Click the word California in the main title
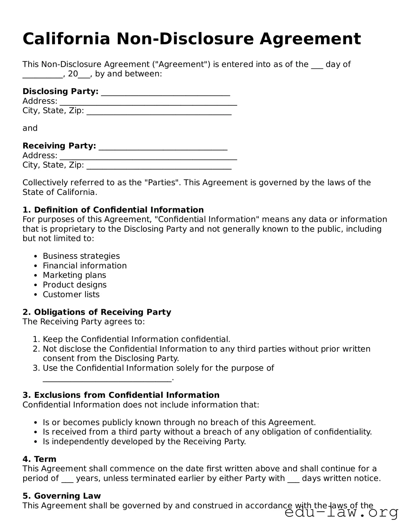click(66, 39)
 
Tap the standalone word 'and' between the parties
click(30, 128)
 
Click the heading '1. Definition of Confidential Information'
click(113, 210)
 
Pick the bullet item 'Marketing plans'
click(74, 275)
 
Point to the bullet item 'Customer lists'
click(71, 294)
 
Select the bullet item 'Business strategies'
click(81, 256)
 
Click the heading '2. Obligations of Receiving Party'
click(97, 312)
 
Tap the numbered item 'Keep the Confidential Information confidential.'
click(136, 339)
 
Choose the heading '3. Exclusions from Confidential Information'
click(121, 395)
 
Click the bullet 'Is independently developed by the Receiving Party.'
click(144, 441)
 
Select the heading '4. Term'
click(39, 459)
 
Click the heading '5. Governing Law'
click(62, 496)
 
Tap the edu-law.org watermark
click(341, 513)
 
